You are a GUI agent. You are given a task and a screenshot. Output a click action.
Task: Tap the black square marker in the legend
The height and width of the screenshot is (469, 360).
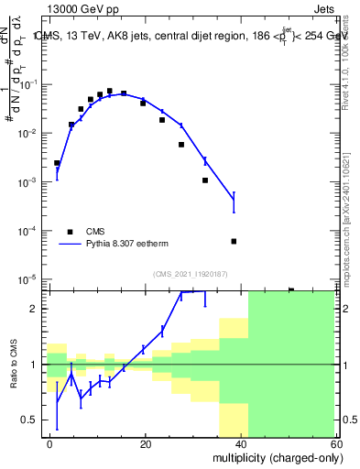70,232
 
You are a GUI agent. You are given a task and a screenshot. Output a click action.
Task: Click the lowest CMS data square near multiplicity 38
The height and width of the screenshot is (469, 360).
234,241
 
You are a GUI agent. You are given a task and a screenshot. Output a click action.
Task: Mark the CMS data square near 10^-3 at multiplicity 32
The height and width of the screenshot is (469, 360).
205,180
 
